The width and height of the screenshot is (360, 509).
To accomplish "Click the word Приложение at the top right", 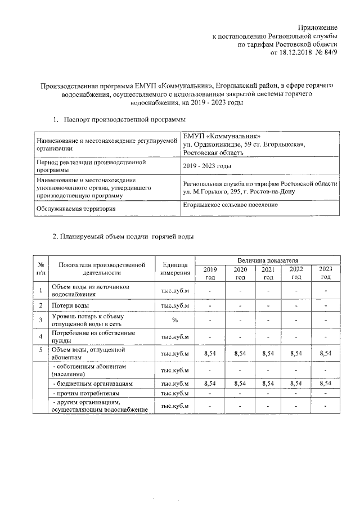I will pos(318,27).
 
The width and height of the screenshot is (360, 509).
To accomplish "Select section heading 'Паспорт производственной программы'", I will pos(124,119).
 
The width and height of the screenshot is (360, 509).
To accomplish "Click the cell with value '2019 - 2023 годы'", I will pos(208,166).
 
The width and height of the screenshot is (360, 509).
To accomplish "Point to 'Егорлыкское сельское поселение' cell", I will pos(238,205).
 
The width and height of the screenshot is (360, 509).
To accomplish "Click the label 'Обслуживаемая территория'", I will pos(80,209).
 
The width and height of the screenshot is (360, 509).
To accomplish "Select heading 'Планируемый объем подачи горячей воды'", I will pos(127,236).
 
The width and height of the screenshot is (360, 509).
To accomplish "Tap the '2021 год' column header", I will pos(268,273).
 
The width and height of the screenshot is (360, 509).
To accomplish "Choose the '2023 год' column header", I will pos(325,273).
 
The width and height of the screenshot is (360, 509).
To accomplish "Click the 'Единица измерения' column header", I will pos(174,268).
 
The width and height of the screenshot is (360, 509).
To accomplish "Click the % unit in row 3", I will pos(174,320).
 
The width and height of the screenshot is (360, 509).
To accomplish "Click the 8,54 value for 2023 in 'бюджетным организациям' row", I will pos(325,383).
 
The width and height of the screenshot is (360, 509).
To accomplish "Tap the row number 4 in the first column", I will pos(40,337).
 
